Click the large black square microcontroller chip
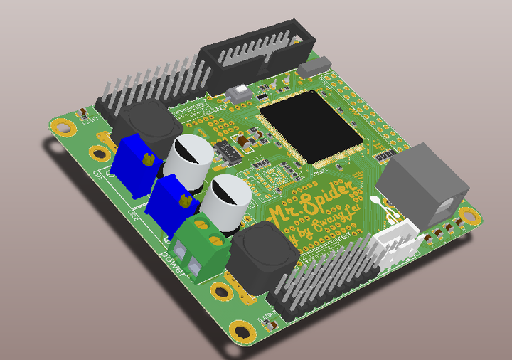[311, 125]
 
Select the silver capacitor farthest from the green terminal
[189, 159]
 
